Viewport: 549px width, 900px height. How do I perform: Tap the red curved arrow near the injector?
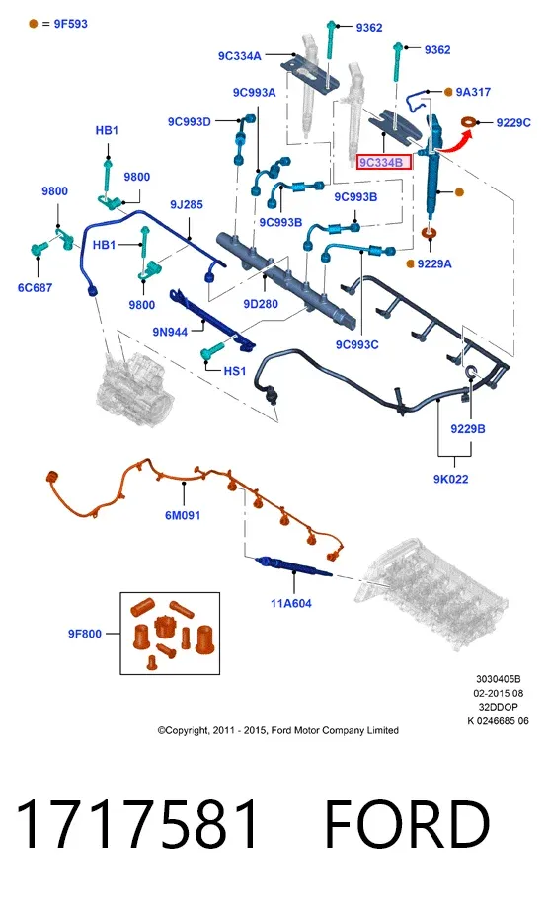pyautogui.click(x=456, y=143)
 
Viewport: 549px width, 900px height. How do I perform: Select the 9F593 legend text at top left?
pyautogui.click(x=71, y=24)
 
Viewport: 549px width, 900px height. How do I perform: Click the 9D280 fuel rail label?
pyautogui.click(x=261, y=304)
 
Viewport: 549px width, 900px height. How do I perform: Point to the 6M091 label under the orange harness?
pyautogui.click(x=183, y=515)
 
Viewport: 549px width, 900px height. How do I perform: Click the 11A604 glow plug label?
pyautogui.click(x=291, y=603)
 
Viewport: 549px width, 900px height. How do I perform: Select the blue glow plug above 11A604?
pyautogui.click(x=293, y=565)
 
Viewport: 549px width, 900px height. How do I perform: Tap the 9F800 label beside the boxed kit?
pyautogui.click(x=84, y=634)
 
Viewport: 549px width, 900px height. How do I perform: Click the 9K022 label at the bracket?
pyautogui.click(x=451, y=479)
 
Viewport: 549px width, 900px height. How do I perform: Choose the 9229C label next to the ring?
pyautogui.click(x=513, y=122)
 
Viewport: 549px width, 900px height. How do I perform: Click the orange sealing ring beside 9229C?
pyautogui.click(x=470, y=122)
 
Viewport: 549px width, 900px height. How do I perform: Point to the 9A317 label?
pyautogui.click(x=473, y=92)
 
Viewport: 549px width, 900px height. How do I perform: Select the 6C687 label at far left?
pyautogui.click(x=35, y=287)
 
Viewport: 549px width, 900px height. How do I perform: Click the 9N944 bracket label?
pyautogui.click(x=170, y=332)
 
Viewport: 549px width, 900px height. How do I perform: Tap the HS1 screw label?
pyautogui.click(x=235, y=371)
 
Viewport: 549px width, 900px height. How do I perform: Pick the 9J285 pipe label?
pyautogui.click(x=186, y=205)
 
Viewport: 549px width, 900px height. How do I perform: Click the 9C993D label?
pyautogui.click(x=189, y=121)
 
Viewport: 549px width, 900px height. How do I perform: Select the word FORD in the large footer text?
pyautogui.click(x=407, y=824)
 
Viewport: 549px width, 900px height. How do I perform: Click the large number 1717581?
pyautogui.click(x=136, y=824)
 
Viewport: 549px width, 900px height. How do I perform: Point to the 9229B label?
pyautogui.click(x=468, y=428)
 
